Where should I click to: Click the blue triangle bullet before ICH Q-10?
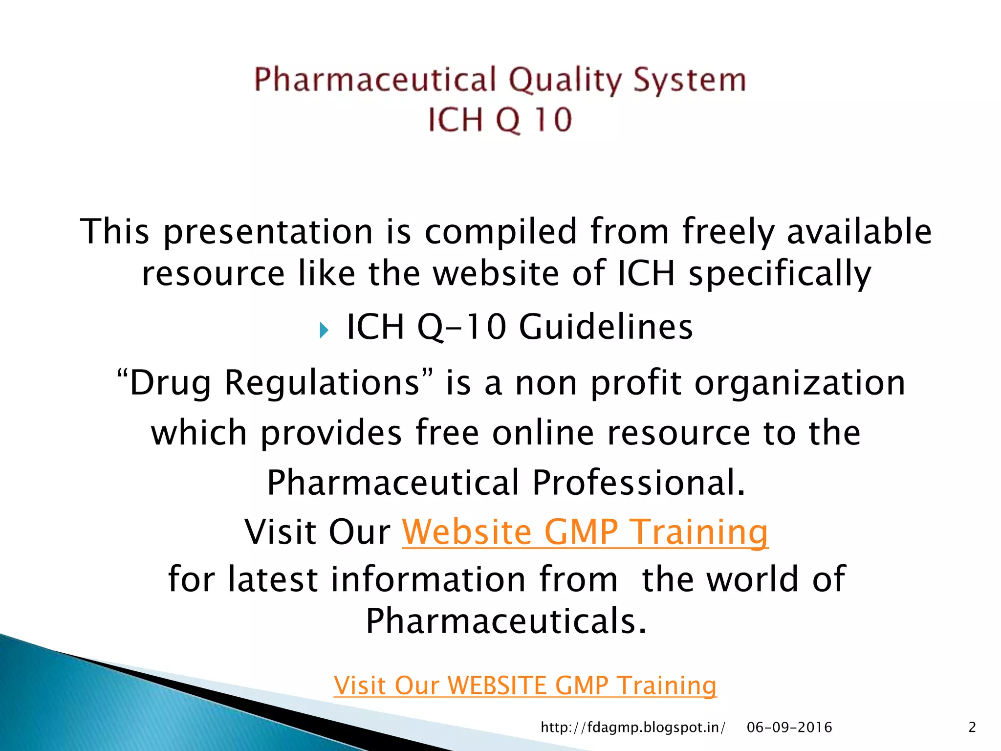324,330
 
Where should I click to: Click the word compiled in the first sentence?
501,231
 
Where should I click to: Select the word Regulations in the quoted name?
322,382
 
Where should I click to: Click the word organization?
800,382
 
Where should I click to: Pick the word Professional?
638,483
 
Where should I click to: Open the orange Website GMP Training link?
585,532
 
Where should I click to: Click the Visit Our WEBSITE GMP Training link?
525,685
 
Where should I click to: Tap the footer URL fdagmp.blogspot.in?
632,728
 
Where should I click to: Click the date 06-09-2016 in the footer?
789,728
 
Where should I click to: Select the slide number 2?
972,728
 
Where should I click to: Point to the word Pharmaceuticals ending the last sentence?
506,621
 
